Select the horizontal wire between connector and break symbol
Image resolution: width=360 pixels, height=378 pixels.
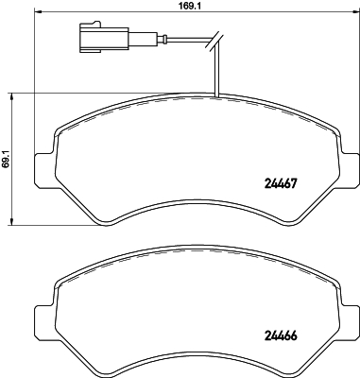pos(184,41)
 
